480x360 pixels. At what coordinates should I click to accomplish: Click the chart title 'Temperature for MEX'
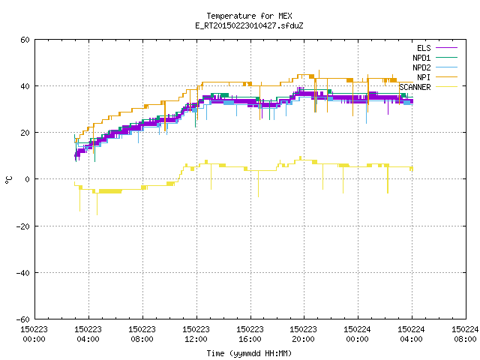[x=249, y=16]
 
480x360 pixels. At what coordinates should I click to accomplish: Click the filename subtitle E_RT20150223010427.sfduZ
[x=249, y=25]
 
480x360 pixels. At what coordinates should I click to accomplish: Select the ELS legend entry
[x=436, y=48]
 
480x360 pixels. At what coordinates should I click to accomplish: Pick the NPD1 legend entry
[x=435, y=58]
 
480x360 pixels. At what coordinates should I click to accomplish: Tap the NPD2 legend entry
[x=435, y=67]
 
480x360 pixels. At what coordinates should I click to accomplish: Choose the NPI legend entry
[x=436, y=77]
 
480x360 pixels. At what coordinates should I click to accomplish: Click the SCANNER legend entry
[x=428, y=87]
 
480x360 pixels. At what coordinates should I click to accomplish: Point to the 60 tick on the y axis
[x=25, y=40]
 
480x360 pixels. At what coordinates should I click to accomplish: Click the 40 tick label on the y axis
[x=25, y=86]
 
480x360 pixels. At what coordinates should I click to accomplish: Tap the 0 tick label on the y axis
[x=28, y=179]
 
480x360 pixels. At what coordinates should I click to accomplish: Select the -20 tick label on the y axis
[x=23, y=226]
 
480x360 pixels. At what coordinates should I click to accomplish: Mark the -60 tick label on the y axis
[x=23, y=319]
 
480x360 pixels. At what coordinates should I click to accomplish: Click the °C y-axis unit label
[x=8, y=180]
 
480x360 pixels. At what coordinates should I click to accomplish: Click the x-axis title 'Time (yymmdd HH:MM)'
[x=249, y=353]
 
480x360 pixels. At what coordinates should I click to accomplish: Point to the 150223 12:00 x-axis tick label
[x=196, y=334]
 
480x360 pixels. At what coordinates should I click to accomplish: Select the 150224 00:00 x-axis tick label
[x=357, y=334]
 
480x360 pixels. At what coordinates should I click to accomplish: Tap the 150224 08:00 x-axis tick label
[x=465, y=334]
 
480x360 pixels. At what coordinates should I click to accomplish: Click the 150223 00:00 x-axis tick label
[x=34, y=334]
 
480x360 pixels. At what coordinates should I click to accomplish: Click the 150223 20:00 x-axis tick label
[x=303, y=334]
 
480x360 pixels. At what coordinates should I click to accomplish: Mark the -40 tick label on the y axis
[x=23, y=273]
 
